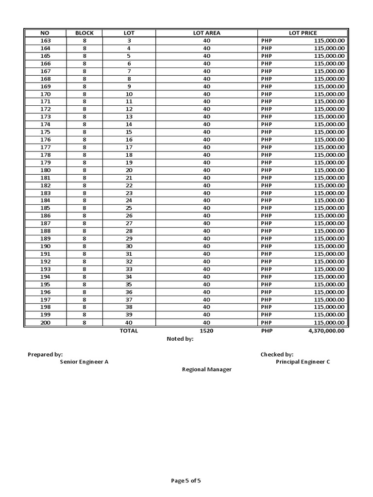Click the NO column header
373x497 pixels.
coord(45,33)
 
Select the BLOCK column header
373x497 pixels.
coord(85,33)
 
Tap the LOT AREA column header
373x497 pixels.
coord(206,33)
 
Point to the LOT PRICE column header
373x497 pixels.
coord(303,33)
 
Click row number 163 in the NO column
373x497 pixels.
coord(45,41)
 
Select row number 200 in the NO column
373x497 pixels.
coord(45,323)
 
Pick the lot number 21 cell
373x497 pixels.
coord(129,178)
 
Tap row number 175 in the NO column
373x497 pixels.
coord(45,132)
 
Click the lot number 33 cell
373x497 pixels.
coord(129,269)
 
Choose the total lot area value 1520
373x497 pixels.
coord(206,331)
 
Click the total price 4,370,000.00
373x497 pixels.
coord(324,331)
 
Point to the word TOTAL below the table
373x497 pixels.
coord(129,331)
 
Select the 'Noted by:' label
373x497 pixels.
coord(180,339)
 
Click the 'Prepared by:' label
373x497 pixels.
coord(45,355)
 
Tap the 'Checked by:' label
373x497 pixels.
coord(277,355)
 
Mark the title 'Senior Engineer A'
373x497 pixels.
coord(84,362)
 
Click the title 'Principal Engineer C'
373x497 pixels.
coord(303,362)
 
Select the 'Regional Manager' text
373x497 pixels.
coord(207,370)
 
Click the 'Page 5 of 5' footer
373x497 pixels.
coord(186,481)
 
